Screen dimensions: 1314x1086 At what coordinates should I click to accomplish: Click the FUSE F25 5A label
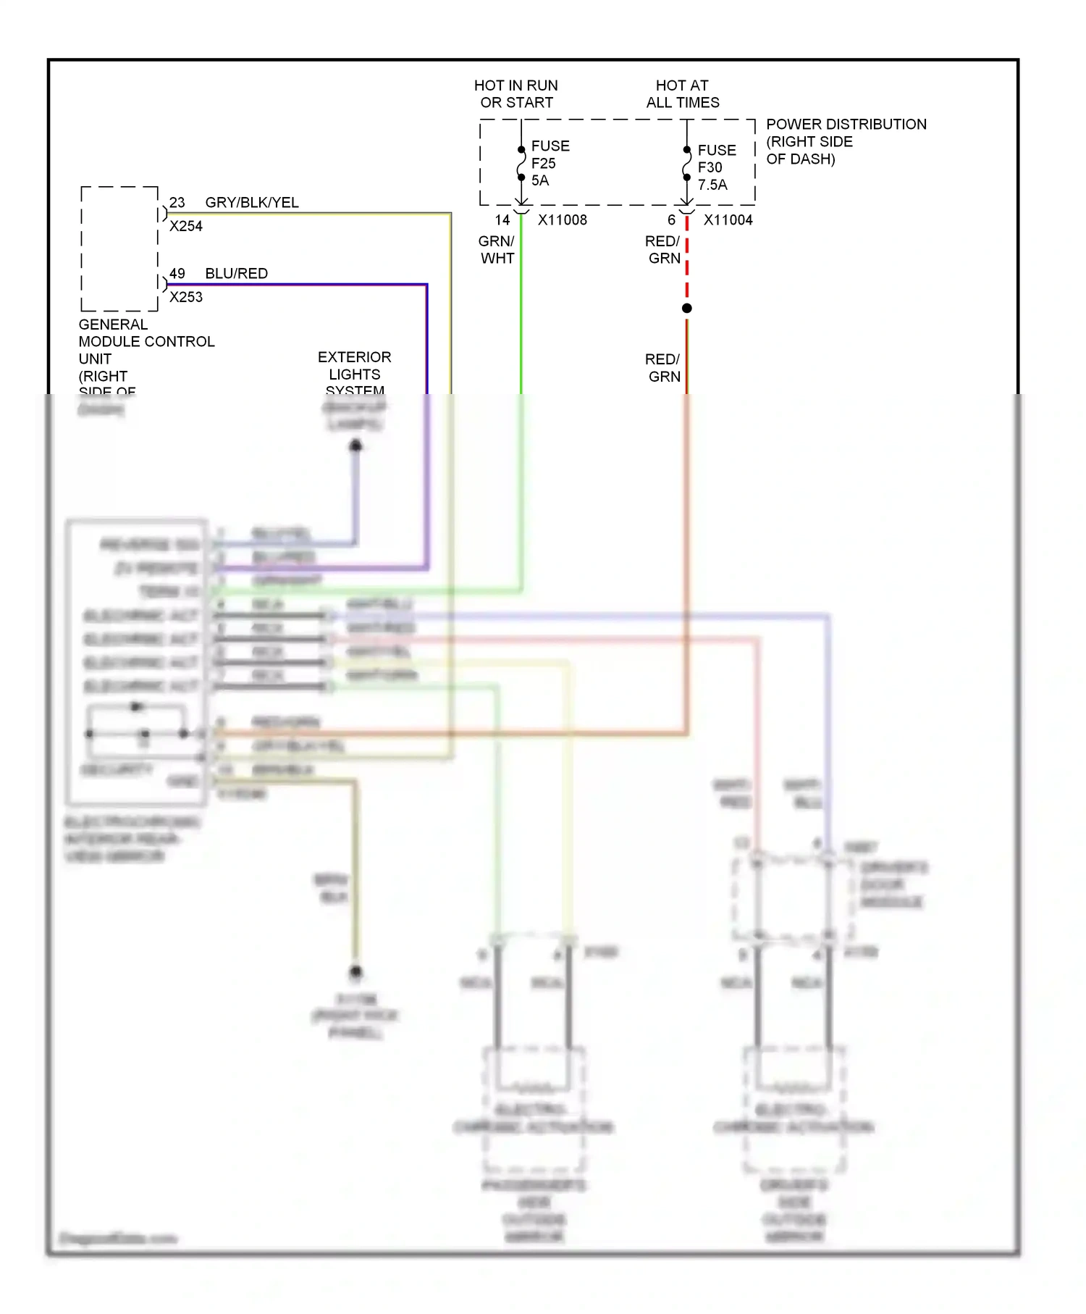550,163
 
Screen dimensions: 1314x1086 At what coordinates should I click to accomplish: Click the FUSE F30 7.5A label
716,167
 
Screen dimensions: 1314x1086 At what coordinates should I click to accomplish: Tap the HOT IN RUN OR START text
516,94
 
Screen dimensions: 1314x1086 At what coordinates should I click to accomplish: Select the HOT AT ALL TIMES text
682,94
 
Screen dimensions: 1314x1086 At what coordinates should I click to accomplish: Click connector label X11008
562,220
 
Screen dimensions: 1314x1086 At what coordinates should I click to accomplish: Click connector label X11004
728,220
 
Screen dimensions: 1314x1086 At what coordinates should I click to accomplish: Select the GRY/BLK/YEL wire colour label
251,203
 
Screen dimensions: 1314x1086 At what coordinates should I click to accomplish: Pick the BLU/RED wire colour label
236,274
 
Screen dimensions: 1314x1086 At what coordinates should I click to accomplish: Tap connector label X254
185,227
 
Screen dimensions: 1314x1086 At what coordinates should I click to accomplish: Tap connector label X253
185,298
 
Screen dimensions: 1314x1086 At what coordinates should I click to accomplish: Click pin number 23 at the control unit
177,203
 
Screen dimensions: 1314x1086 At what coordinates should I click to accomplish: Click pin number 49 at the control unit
177,274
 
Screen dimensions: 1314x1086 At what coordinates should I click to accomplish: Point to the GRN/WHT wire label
497,250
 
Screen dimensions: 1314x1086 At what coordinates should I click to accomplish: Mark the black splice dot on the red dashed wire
686,309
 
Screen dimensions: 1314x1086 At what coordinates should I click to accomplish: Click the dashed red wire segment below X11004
686,261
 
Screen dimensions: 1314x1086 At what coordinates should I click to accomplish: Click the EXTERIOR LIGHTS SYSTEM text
354,373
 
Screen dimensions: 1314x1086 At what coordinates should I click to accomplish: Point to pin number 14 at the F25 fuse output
502,220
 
